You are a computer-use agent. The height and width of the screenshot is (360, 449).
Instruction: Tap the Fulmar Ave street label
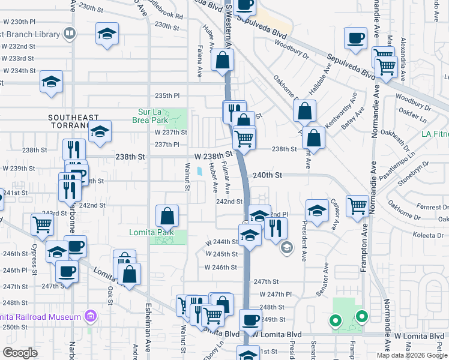[x=226, y=176]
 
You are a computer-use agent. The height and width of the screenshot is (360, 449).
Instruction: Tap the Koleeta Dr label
[x=429, y=236]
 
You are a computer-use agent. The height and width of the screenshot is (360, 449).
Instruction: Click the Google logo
[x=20, y=352]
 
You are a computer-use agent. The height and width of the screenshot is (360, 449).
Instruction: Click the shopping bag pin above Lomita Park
[x=167, y=216]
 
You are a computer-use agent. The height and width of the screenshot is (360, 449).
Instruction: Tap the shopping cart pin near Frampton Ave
[x=358, y=206]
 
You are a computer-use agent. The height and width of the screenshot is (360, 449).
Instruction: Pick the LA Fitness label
[x=435, y=134]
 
